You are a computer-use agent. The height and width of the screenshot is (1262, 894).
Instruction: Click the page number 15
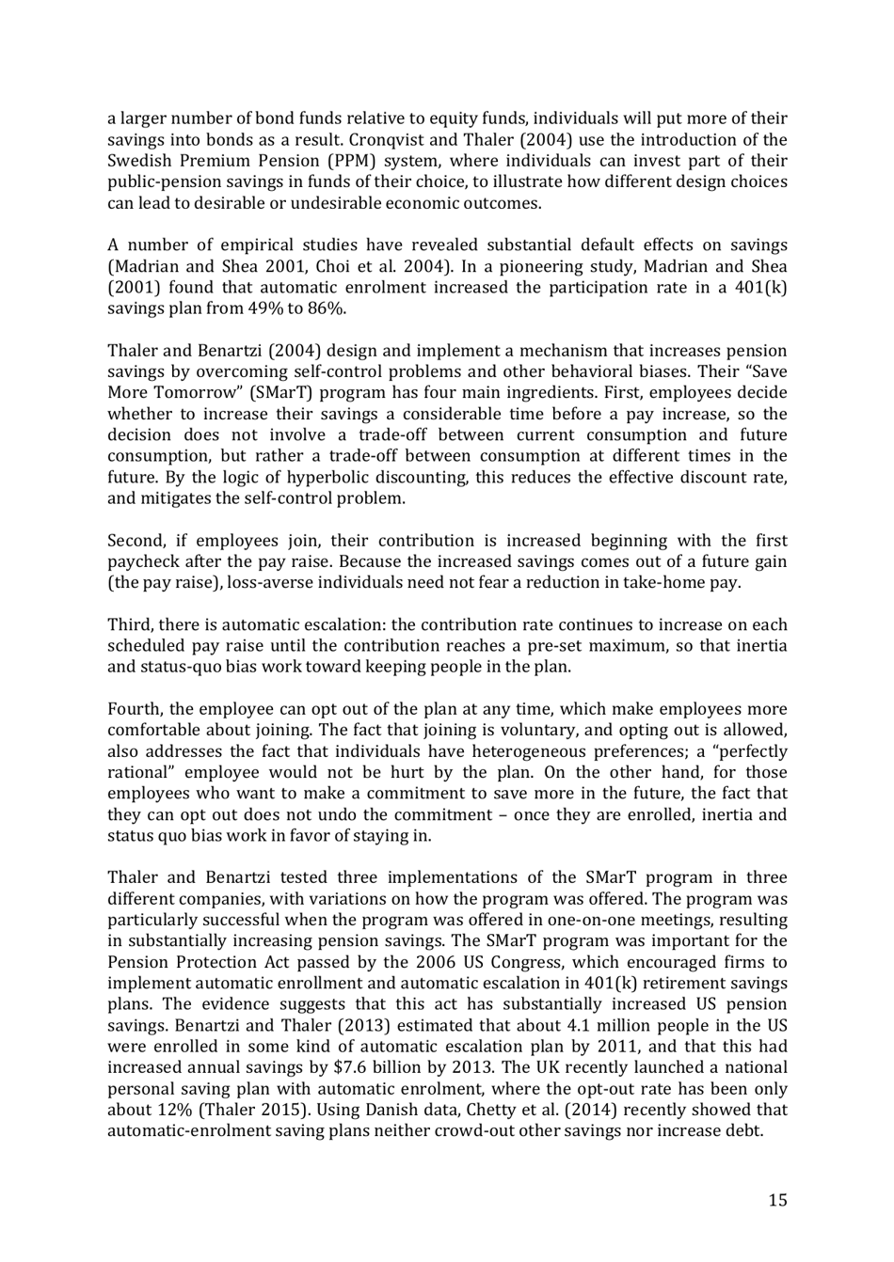777,1199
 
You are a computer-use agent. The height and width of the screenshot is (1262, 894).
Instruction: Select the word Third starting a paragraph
130,624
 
